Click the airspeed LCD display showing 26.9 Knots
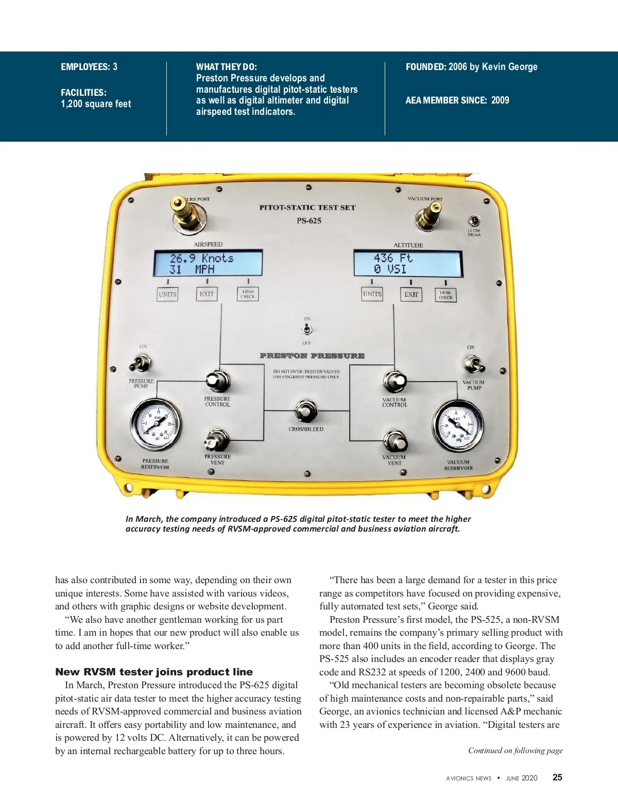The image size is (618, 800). point(208,263)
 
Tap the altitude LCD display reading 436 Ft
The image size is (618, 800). point(408,263)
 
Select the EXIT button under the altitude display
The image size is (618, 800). point(411,295)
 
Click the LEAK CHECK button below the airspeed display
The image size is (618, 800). point(248,294)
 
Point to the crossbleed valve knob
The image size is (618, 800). point(305,411)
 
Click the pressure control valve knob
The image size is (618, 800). point(217,381)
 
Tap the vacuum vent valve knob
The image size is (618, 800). point(394,441)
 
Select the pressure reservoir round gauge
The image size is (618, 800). point(156,424)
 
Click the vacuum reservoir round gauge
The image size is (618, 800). point(457,425)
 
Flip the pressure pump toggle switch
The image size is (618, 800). point(139,363)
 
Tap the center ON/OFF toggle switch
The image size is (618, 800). point(307,329)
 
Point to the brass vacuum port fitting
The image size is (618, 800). point(429,216)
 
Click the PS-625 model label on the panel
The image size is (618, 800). point(309,221)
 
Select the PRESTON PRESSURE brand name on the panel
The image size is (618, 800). point(312,356)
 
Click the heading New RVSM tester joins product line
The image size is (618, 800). point(154,672)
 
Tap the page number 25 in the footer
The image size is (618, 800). point(557,778)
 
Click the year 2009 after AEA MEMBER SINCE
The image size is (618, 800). point(500,100)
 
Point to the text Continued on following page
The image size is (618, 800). point(515,751)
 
